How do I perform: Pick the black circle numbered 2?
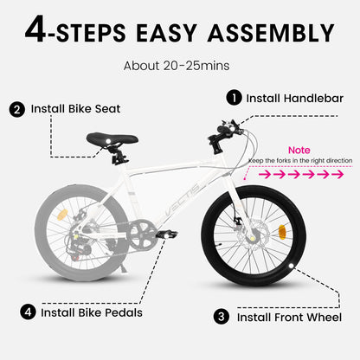click(x=17, y=109)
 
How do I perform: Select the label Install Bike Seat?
click(x=76, y=109)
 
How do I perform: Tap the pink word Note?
click(x=299, y=151)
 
